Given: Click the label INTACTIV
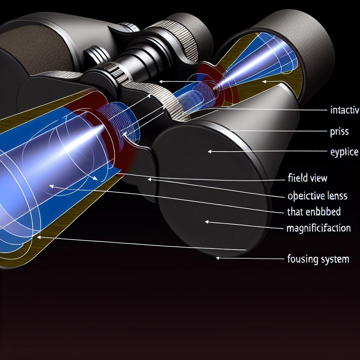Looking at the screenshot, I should (x=344, y=111).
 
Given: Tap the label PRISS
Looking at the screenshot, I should (x=339, y=132).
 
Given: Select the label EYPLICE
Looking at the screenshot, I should (x=344, y=152).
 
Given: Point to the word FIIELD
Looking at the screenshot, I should (x=296, y=178).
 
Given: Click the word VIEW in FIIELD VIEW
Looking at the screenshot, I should (x=318, y=178).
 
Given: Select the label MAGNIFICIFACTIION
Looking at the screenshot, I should (x=319, y=228).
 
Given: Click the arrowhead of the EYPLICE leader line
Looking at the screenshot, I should (x=210, y=152).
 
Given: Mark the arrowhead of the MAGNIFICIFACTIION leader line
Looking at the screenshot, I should (x=207, y=222).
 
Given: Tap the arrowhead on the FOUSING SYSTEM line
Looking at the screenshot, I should (x=218, y=258).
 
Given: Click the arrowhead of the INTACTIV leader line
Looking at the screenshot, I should (x=160, y=81).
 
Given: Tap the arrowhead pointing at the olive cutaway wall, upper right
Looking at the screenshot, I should (x=264, y=82).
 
